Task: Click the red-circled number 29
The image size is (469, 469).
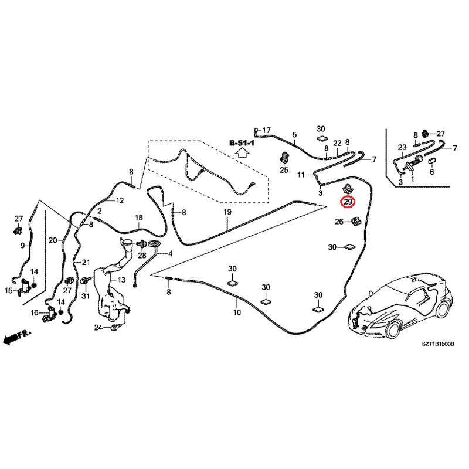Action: (348, 202)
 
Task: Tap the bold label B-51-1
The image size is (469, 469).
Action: (242, 143)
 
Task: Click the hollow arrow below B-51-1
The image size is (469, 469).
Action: (242, 153)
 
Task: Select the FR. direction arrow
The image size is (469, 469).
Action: (17, 337)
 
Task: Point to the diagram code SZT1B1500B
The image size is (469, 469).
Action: (438, 344)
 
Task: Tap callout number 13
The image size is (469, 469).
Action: (121, 280)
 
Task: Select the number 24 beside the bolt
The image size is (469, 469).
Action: (98, 328)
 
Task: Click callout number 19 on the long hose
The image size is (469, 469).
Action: (227, 212)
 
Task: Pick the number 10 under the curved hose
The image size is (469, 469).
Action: (237, 312)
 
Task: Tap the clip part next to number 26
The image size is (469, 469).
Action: (356, 222)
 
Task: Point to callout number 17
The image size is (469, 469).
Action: (266, 130)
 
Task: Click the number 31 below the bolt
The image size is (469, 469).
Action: (86, 296)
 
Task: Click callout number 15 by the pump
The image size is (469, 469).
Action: (8, 290)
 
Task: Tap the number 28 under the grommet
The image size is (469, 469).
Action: (142, 255)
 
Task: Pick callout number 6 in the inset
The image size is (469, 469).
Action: (431, 172)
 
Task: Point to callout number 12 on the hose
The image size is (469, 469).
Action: (120, 200)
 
